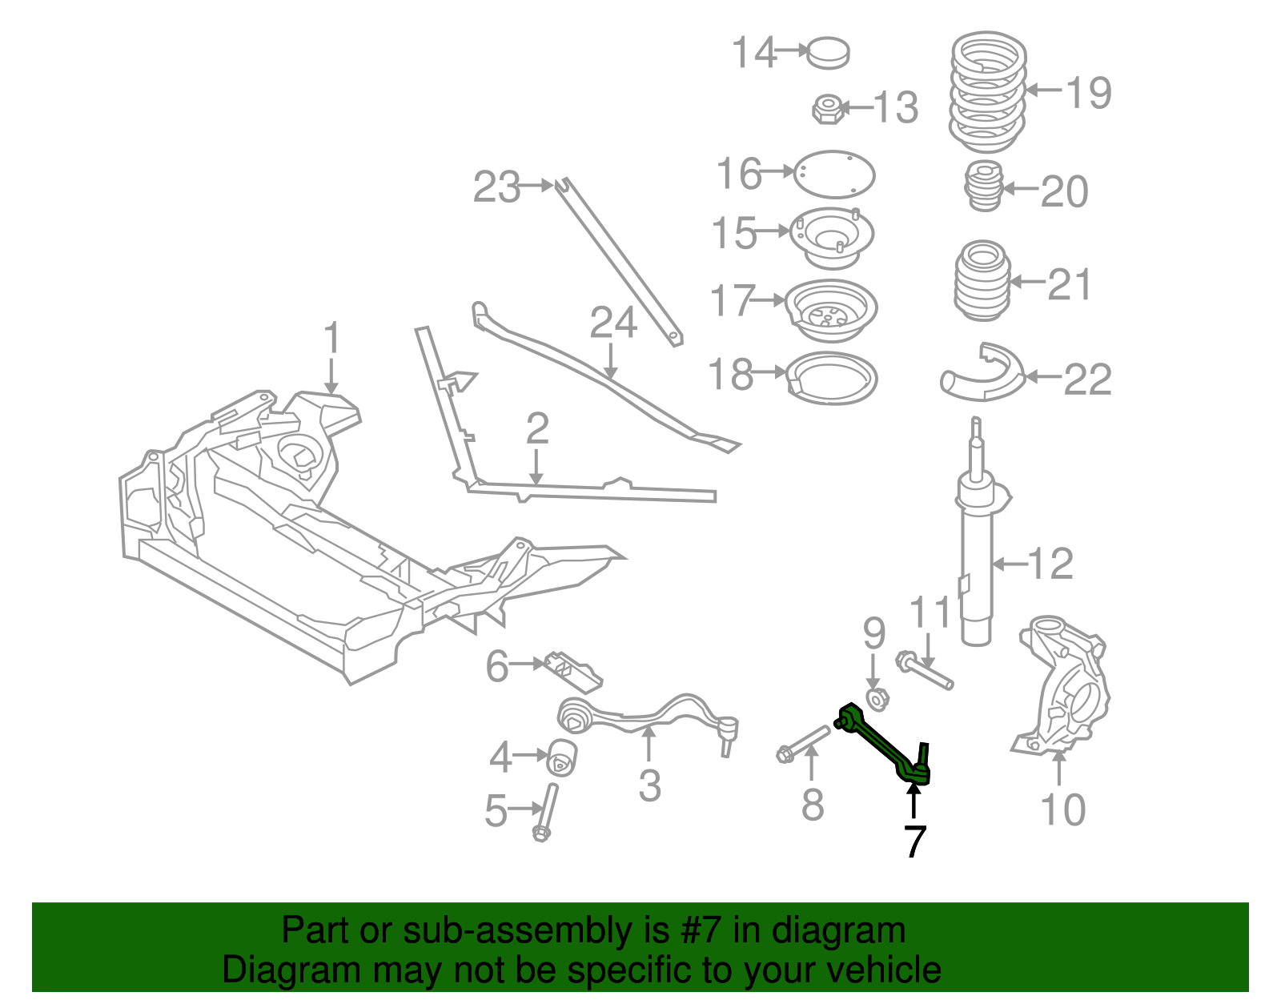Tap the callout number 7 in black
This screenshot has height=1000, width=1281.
[914, 841]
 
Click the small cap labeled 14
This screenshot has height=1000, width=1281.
[828, 53]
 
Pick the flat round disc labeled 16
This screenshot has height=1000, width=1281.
[834, 174]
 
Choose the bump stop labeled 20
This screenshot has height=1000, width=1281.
[984, 187]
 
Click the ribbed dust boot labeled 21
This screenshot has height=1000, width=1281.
[982, 281]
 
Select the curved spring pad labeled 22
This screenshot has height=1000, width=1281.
[982, 375]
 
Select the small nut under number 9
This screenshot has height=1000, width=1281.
[877, 699]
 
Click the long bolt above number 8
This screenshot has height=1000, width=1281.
[805, 743]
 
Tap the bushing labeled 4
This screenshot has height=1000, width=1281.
[563, 757]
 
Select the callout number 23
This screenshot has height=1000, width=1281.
[496, 187]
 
